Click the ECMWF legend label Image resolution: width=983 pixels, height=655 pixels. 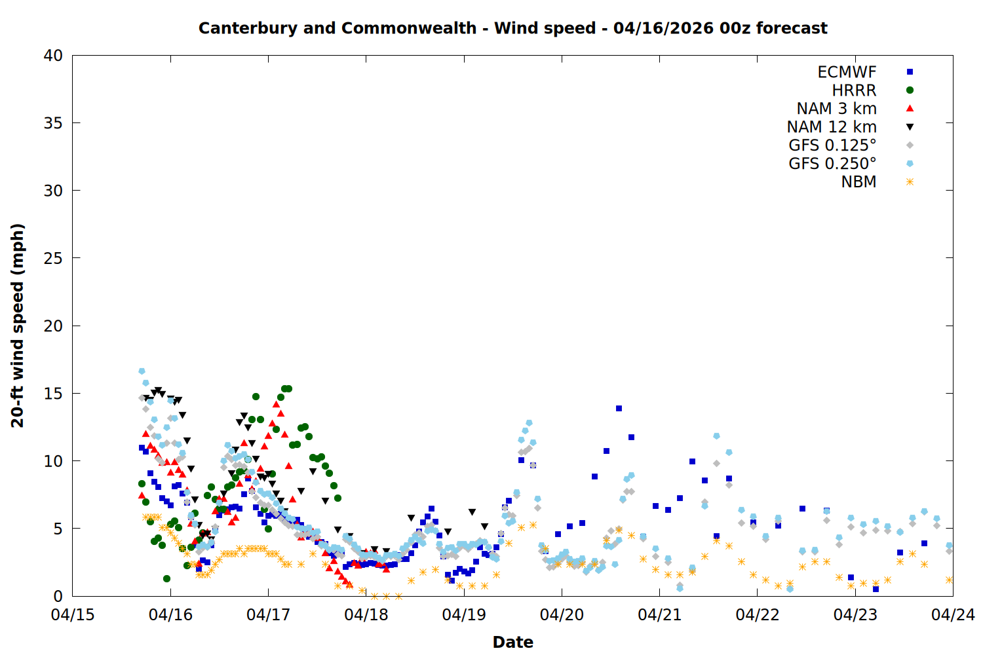click(847, 72)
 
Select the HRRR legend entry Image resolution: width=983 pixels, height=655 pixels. click(854, 90)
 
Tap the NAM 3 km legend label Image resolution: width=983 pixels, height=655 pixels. click(836, 109)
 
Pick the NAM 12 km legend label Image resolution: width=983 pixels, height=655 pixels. click(832, 127)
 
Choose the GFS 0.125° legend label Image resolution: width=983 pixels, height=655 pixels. click(832, 145)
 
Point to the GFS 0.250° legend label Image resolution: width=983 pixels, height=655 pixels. click(832, 164)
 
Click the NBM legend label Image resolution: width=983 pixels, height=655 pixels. click(858, 182)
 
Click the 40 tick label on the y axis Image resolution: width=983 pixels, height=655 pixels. click(53, 56)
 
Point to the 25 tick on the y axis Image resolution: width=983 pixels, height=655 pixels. click(53, 258)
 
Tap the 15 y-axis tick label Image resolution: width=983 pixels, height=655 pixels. click(53, 394)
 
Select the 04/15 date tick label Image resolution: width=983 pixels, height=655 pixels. click(73, 615)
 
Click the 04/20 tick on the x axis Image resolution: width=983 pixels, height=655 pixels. click(562, 615)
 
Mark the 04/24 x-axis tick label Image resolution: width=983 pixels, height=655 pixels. click(953, 615)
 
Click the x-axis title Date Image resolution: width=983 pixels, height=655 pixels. click(512, 642)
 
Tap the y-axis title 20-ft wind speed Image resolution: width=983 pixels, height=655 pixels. click(18, 326)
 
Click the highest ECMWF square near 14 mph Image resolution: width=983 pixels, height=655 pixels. click(619, 409)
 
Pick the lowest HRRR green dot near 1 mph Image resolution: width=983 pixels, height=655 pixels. click(166, 578)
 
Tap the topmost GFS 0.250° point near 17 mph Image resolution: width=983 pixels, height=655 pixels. click(142, 371)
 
